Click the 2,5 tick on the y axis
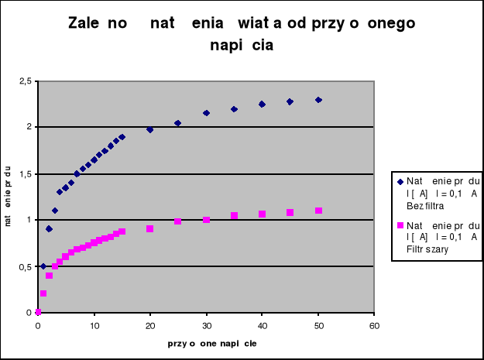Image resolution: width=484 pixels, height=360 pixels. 25,81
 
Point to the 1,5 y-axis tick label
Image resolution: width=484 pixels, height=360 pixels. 25,173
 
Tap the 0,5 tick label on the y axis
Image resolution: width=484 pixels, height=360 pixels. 25,266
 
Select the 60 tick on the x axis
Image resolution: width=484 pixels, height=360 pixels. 374,325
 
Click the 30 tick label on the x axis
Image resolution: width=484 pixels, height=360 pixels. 206,325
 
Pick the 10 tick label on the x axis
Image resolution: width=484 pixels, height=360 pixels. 94,325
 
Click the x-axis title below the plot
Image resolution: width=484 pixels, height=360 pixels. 206,342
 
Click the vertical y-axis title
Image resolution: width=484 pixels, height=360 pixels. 8,197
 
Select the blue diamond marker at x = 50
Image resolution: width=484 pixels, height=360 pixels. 318,100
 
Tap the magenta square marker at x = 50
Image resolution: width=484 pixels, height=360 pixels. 318,211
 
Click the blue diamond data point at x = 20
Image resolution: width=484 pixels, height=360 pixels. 150,129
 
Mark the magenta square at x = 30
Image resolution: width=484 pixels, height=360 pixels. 206,220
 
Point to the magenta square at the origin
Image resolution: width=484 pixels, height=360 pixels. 38,312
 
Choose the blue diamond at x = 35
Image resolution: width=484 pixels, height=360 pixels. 234,109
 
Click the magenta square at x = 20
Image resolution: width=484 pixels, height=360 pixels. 150,228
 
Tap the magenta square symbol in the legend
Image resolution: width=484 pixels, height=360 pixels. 400,225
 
